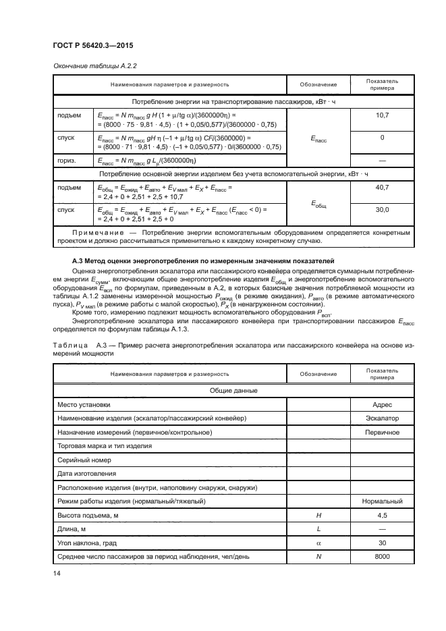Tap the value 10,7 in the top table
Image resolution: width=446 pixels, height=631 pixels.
tap(382, 115)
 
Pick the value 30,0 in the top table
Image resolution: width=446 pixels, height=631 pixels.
tap(382, 209)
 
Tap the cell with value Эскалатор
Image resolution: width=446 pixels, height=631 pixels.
tap(382, 418)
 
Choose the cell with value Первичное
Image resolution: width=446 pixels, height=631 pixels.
tap(382, 433)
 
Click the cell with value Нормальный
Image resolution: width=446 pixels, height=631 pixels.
tap(382, 501)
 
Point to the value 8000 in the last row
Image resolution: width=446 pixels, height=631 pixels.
tap(382, 557)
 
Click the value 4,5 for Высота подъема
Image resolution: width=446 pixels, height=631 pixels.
tap(382, 516)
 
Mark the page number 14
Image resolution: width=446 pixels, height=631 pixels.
tap(56, 574)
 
